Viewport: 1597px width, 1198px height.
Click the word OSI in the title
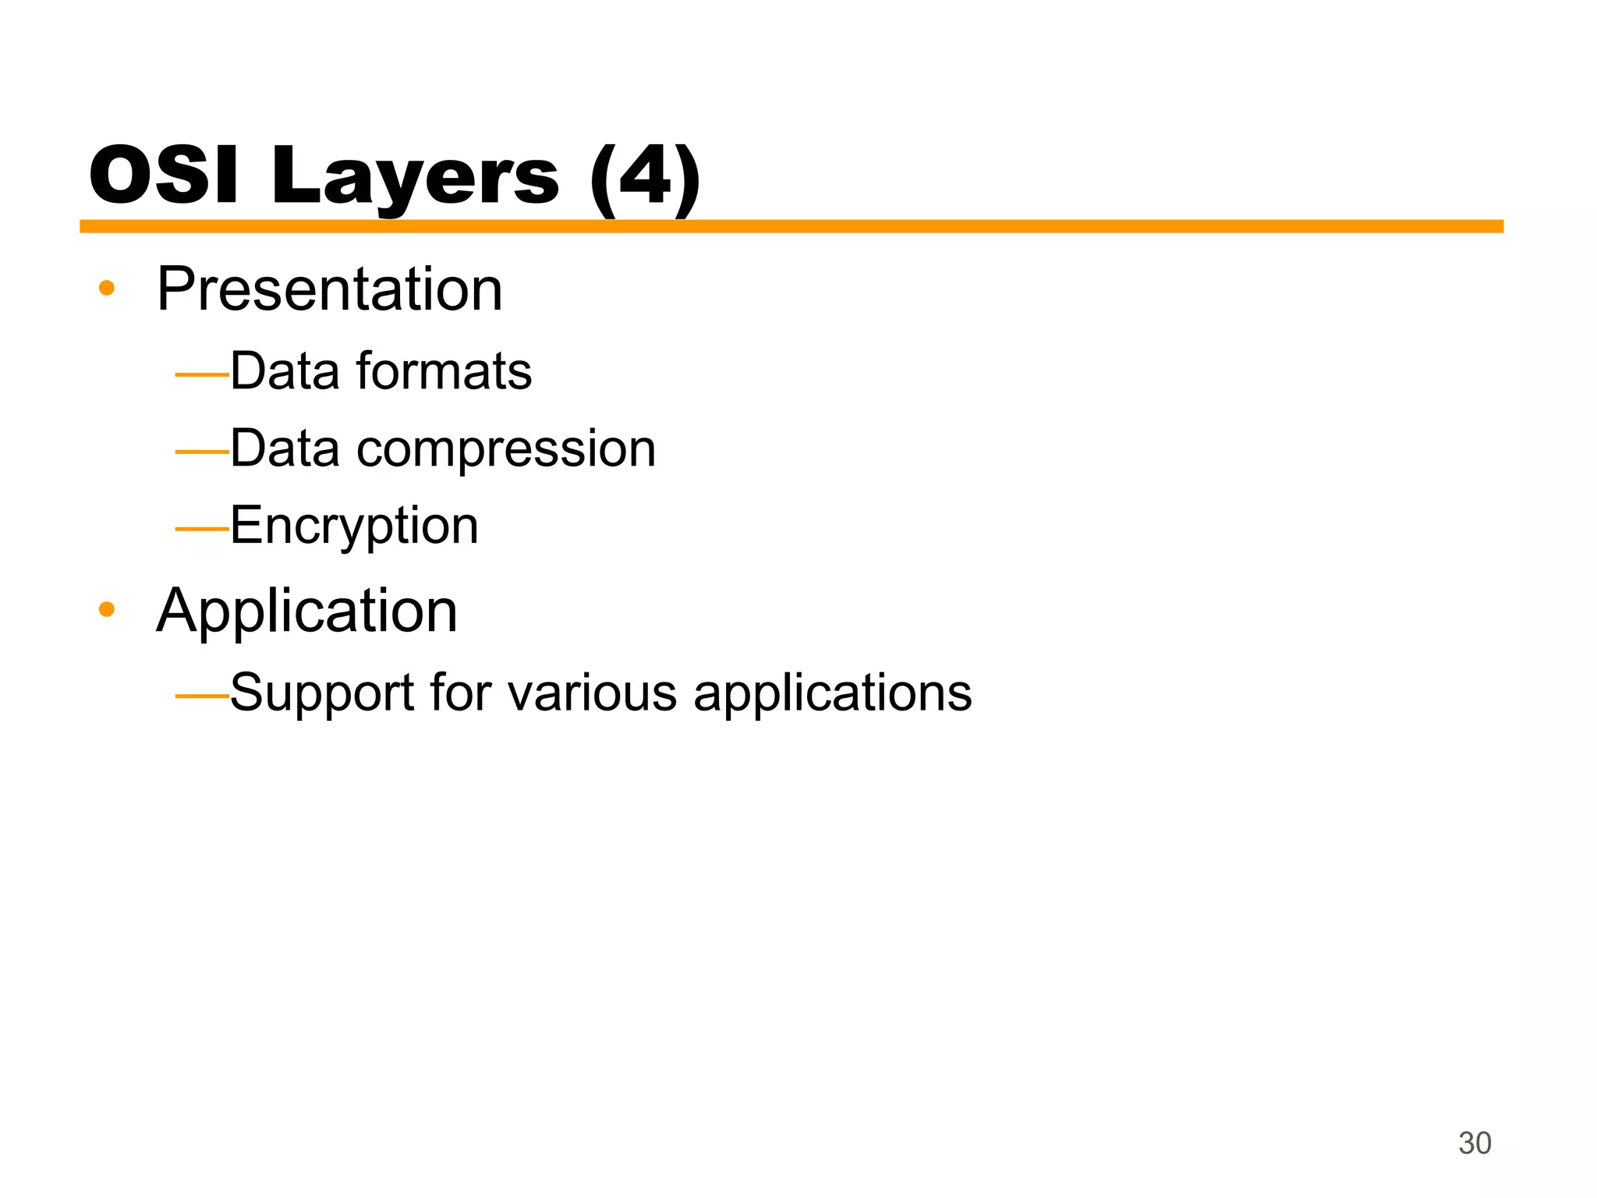pyautogui.click(x=164, y=176)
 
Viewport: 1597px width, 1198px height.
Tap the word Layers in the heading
pyautogui.click(x=414, y=178)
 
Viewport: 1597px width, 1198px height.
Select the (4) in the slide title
pyautogui.click(x=645, y=178)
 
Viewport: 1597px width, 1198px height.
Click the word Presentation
pyautogui.click(x=329, y=289)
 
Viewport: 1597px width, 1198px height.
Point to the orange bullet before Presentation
pyautogui.click(x=107, y=289)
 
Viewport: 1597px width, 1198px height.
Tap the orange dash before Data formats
pyautogui.click(x=202, y=375)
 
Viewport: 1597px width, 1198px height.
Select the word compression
pyautogui.click(x=506, y=449)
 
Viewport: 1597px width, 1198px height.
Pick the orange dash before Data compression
pyautogui.click(x=202, y=452)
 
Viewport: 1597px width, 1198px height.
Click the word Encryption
pyautogui.click(x=354, y=526)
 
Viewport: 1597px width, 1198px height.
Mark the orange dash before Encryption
pyautogui.click(x=202, y=529)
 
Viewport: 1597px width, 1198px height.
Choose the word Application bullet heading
pyautogui.click(x=306, y=611)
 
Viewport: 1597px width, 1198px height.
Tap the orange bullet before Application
pyautogui.click(x=107, y=609)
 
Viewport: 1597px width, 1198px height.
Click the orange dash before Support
pyautogui.click(x=202, y=695)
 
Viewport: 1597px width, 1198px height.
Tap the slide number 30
pyautogui.click(x=1475, y=1143)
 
